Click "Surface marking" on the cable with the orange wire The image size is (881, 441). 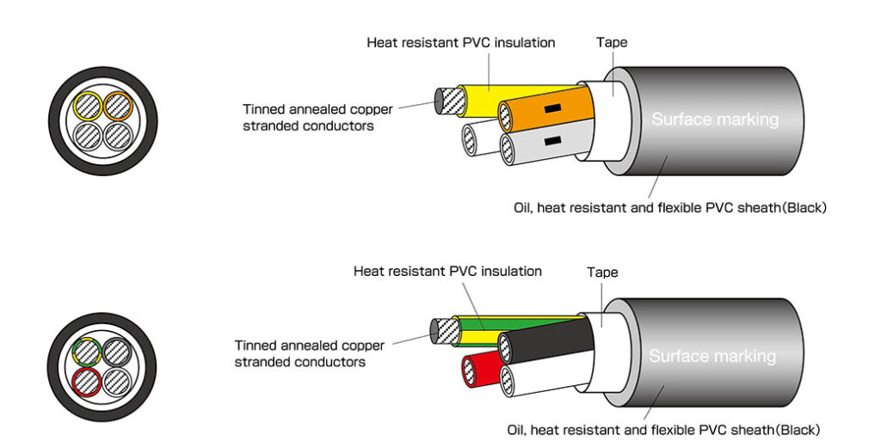pyautogui.click(x=714, y=119)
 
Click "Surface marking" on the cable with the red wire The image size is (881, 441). pyautogui.click(x=712, y=356)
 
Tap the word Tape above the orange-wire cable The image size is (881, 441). pyautogui.click(x=612, y=42)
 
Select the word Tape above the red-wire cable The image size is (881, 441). pyautogui.click(x=602, y=273)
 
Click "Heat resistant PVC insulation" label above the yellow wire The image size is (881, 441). pyautogui.click(x=460, y=42)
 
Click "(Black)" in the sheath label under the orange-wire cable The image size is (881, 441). pyautogui.click(x=803, y=207)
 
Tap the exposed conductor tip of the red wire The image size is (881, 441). pyautogui.click(x=469, y=372)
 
